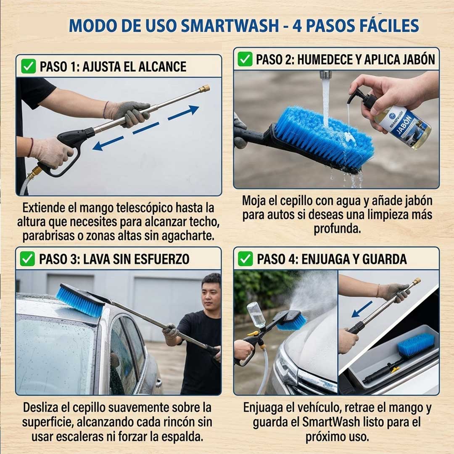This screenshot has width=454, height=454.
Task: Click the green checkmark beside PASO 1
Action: [28, 66]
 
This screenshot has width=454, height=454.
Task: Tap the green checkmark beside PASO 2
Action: [245, 59]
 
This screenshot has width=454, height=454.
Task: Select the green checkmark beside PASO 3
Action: [27, 259]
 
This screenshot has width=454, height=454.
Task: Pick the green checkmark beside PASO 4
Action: [245, 259]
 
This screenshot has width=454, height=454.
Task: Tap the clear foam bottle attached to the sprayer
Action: [256, 314]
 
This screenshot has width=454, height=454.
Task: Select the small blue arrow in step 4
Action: [362, 309]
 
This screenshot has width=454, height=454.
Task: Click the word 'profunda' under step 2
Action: [337, 230]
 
